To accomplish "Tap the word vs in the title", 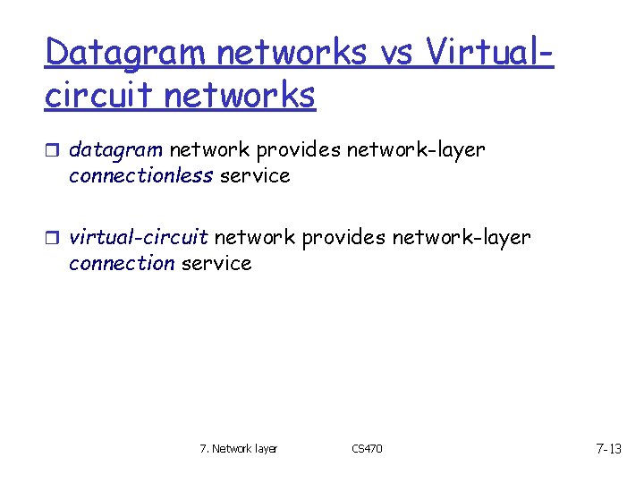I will tap(396, 53).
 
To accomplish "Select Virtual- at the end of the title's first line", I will tap(490, 53).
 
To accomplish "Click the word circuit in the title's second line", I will tap(97, 94).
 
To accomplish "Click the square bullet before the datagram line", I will tap(54, 151).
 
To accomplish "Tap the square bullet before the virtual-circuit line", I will tap(54, 239).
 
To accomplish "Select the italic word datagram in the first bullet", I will tap(116, 150).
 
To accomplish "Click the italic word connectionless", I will tap(140, 175).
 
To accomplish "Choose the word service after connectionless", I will tap(255, 175).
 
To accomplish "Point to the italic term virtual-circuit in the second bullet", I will tap(139, 238).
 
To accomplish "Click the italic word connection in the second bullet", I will tap(122, 263).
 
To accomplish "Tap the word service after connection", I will tap(216, 263).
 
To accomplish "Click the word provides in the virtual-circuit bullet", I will tap(343, 238).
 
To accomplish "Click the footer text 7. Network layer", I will tap(238, 448).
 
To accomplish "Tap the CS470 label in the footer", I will tap(367, 448).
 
